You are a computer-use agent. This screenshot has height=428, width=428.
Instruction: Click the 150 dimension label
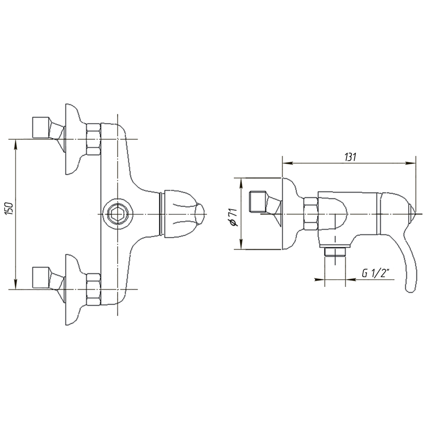click(9, 209)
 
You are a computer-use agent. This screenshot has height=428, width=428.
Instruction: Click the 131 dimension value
click(350, 157)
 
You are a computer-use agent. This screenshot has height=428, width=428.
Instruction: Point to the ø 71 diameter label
click(234, 217)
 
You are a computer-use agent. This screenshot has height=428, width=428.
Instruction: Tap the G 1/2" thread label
click(376, 273)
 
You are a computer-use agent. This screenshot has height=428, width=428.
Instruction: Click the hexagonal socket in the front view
click(117, 213)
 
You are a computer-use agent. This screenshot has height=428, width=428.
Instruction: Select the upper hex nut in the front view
click(93, 140)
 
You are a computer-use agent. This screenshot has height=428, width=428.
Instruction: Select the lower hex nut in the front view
click(93, 289)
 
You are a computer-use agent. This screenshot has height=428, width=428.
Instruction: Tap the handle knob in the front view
click(184, 213)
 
